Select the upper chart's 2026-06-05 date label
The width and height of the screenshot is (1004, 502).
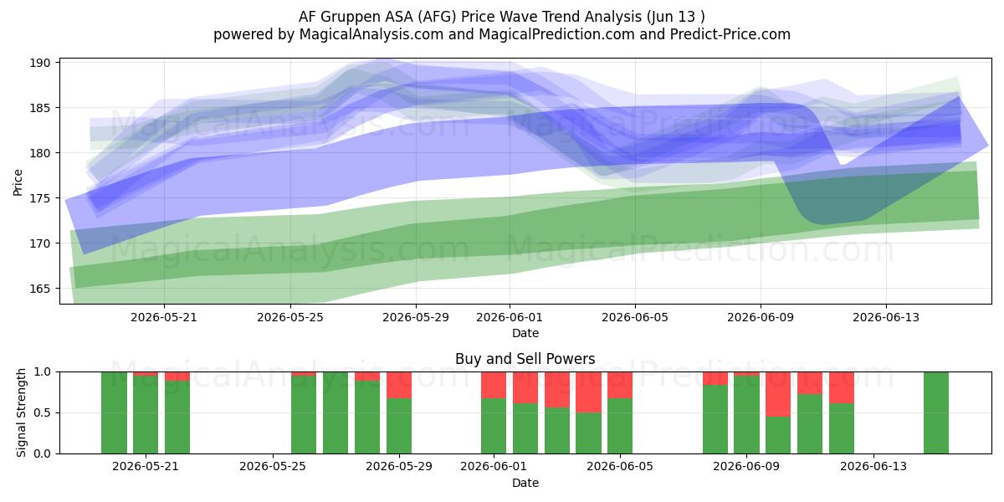pos(635,317)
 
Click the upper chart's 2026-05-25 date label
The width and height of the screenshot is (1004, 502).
pos(290,317)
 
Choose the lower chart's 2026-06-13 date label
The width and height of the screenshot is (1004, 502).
pos(873,466)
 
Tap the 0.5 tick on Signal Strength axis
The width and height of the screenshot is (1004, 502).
pos(43,412)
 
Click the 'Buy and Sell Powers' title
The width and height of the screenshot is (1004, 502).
pos(525,359)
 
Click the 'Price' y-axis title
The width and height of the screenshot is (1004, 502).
pos(18,182)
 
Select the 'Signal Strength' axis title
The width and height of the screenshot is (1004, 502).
pos(21,412)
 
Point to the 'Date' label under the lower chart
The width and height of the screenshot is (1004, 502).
pos(525,483)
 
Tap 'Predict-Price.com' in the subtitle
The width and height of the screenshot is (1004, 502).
pos(730,34)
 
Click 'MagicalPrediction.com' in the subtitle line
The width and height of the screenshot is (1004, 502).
pos(556,34)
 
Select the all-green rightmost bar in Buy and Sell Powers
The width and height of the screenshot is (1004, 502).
pos(936,412)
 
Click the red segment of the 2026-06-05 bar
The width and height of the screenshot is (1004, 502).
pos(620,385)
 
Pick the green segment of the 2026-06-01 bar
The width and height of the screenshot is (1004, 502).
pos(494,426)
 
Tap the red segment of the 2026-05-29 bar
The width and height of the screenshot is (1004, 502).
pos(399,385)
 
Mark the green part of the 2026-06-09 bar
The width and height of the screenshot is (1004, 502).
pos(746,415)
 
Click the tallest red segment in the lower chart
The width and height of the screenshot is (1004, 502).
pos(778,394)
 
